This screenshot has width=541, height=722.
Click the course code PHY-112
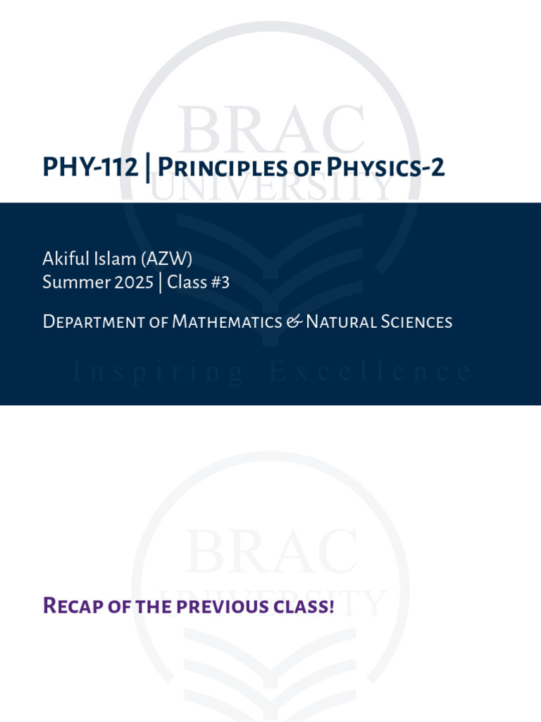tap(90, 168)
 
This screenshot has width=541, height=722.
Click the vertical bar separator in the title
tap(147, 168)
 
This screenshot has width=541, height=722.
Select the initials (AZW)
tap(167, 259)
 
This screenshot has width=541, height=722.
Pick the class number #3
tap(220, 283)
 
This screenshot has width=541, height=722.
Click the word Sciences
tap(416, 322)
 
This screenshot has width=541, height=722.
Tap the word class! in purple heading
tap(306, 606)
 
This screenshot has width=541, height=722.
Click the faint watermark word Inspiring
tap(158, 372)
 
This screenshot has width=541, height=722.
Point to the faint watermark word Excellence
tap(371, 372)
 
